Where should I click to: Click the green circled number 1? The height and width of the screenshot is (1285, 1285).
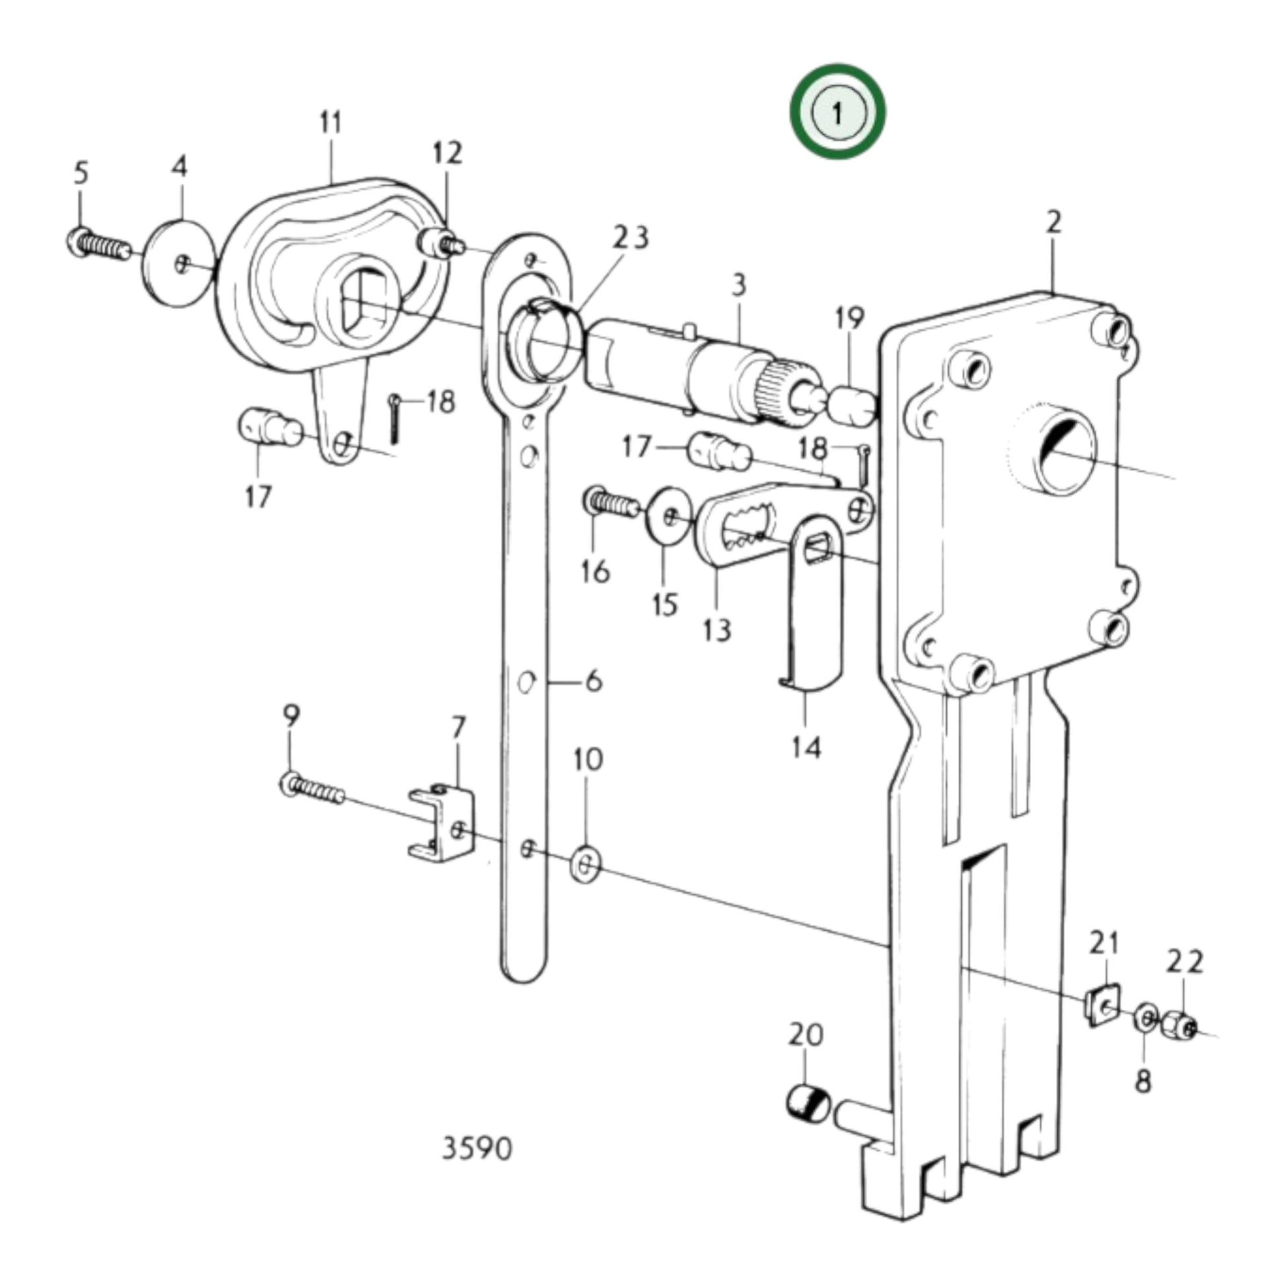837,112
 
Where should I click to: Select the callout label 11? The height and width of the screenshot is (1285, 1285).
331,123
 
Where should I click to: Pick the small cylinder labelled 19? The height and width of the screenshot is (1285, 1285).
851,405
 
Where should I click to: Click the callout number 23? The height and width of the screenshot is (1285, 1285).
631,238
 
